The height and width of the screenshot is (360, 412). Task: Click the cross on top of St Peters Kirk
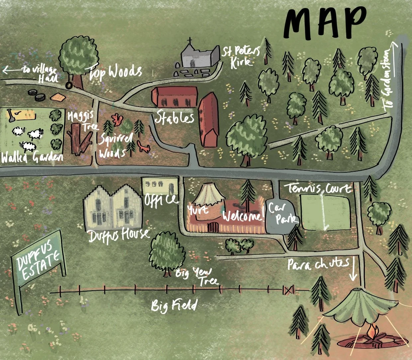coord(190,42)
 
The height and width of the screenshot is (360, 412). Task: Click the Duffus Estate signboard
coord(38,263)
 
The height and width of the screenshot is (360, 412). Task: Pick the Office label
coord(161,200)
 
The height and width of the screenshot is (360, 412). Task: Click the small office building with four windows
coord(160,185)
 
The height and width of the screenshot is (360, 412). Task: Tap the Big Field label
coord(174,305)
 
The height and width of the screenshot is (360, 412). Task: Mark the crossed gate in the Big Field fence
coord(288,290)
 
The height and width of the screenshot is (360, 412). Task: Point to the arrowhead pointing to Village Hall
coord(5,70)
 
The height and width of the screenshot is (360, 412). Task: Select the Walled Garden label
coord(32,157)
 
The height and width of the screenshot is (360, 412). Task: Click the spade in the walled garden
coord(11,115)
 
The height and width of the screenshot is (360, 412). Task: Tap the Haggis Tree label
coord(81,121)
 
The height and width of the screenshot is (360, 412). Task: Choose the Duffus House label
coord(119,235)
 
